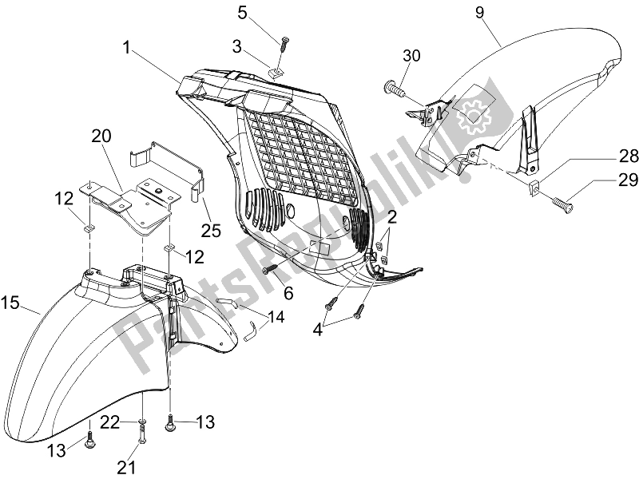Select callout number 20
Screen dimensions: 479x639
coord(101,135)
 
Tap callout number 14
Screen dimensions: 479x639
coord(252,316)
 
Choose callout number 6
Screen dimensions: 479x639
coord(288,294)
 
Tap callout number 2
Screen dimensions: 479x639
coord(392,218)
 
